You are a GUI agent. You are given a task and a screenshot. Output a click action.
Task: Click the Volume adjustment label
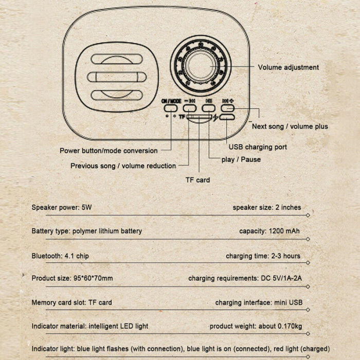tap(288, 67)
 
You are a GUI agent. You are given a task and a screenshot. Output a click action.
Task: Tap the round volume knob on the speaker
tap(201, 64)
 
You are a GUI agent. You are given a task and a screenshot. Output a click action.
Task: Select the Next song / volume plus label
tap(290, 126)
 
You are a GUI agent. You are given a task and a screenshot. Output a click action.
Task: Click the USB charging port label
tap(258, 147)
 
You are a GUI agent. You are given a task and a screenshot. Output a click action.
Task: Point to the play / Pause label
tap(241, 159)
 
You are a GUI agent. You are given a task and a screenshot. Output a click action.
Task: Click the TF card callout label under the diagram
tap(197, 180)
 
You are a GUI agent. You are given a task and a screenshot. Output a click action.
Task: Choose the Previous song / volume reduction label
tap(123, 166)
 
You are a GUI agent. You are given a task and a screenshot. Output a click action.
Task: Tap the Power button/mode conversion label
tap(109, 151)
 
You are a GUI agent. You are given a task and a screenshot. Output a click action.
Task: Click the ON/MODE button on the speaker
tap(170, 108)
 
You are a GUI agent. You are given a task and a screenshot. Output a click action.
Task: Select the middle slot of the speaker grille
tap(116, 77)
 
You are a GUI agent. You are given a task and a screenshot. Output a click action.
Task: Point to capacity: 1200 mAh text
tap(269, 231)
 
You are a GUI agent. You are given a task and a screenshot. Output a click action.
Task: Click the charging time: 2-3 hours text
tap(263, 256)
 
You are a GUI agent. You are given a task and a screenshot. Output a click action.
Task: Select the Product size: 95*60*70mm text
tap(72, 278)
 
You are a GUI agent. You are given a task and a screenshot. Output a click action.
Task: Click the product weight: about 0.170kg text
tap(255, 326)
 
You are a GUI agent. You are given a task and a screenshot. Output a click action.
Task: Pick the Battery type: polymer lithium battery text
tap(86, 231)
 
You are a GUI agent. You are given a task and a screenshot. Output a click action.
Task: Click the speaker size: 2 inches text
tap(266, 207)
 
